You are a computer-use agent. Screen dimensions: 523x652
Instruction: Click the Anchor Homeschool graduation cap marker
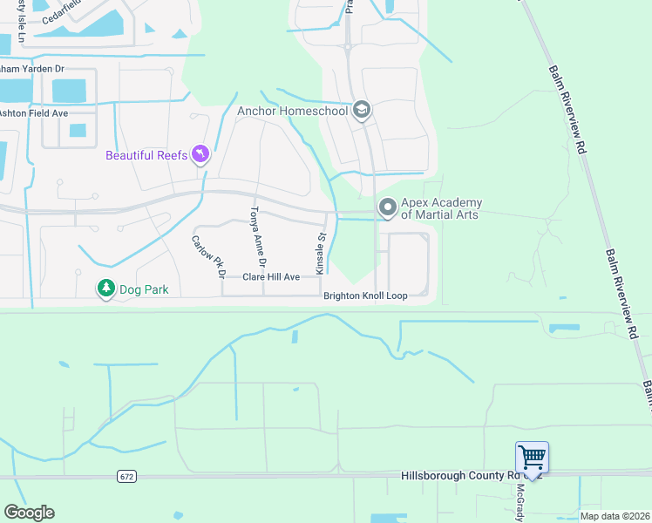click(362, 110)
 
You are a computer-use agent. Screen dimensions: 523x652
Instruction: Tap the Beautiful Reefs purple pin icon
click(201, 154)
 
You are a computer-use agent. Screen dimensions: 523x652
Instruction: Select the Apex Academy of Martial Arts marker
click(387, 207)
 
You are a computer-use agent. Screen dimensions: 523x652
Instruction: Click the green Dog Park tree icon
click(106, 288)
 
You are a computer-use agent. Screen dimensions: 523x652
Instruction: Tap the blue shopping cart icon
click(532, 458)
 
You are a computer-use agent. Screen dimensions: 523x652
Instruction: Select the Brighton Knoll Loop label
click(365, 296)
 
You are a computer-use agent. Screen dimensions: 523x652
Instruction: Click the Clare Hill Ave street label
click(271, 276)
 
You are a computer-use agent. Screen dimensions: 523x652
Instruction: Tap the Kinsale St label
click(320, 250)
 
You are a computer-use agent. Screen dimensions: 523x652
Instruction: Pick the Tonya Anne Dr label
click(257, 236)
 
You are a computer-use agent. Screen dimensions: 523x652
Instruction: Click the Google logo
click(29, 513)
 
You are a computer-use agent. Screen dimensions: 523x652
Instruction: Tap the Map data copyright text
click(615, 516)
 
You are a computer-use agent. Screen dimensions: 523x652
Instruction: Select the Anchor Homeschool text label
click(292, 111)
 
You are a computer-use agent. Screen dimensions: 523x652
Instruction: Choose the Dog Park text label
click(146, 289)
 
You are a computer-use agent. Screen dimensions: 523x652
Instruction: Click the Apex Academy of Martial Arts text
click(441, 209)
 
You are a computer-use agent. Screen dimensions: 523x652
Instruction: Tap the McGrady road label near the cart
click(520, 499)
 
